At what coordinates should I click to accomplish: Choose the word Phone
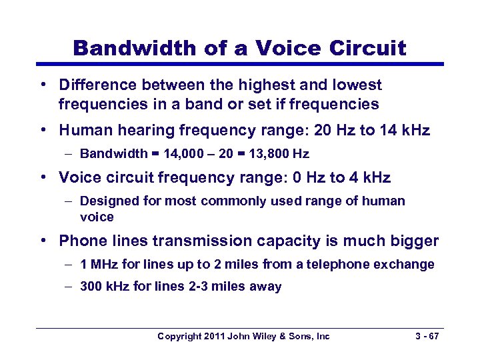80,241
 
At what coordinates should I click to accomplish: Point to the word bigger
415,241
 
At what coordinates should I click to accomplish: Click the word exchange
407,264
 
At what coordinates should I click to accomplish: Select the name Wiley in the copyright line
269,336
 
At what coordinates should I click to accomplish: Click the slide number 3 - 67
424,336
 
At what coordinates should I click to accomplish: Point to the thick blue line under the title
239,64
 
